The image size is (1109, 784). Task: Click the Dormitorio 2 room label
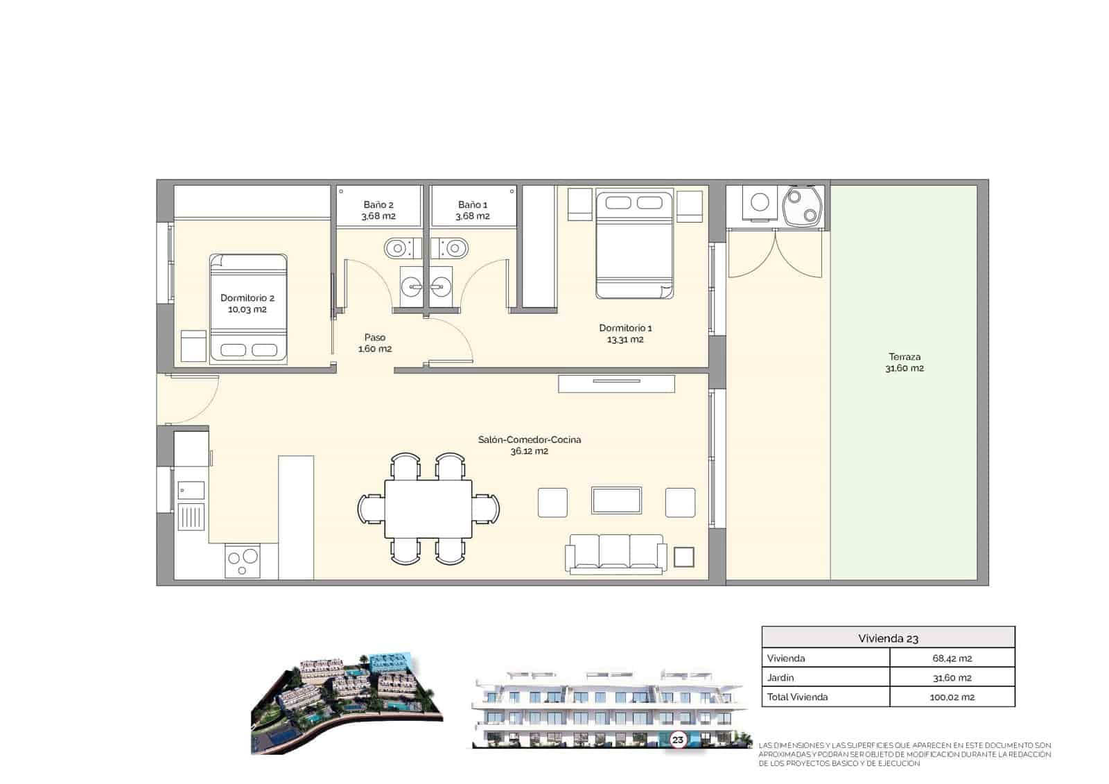247,298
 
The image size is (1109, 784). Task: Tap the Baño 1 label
473,205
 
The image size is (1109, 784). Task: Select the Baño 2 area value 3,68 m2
378,216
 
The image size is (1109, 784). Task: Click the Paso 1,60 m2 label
375,343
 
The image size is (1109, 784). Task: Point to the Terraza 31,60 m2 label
905,363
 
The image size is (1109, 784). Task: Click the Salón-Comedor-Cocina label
530,439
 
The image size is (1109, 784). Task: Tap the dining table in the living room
428,509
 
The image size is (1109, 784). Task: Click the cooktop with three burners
243,561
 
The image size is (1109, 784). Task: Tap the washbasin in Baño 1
441,285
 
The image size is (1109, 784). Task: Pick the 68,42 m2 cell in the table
952,659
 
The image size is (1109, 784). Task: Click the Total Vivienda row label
797,697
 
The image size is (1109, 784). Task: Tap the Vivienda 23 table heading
888,638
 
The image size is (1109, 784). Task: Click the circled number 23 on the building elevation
677,740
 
